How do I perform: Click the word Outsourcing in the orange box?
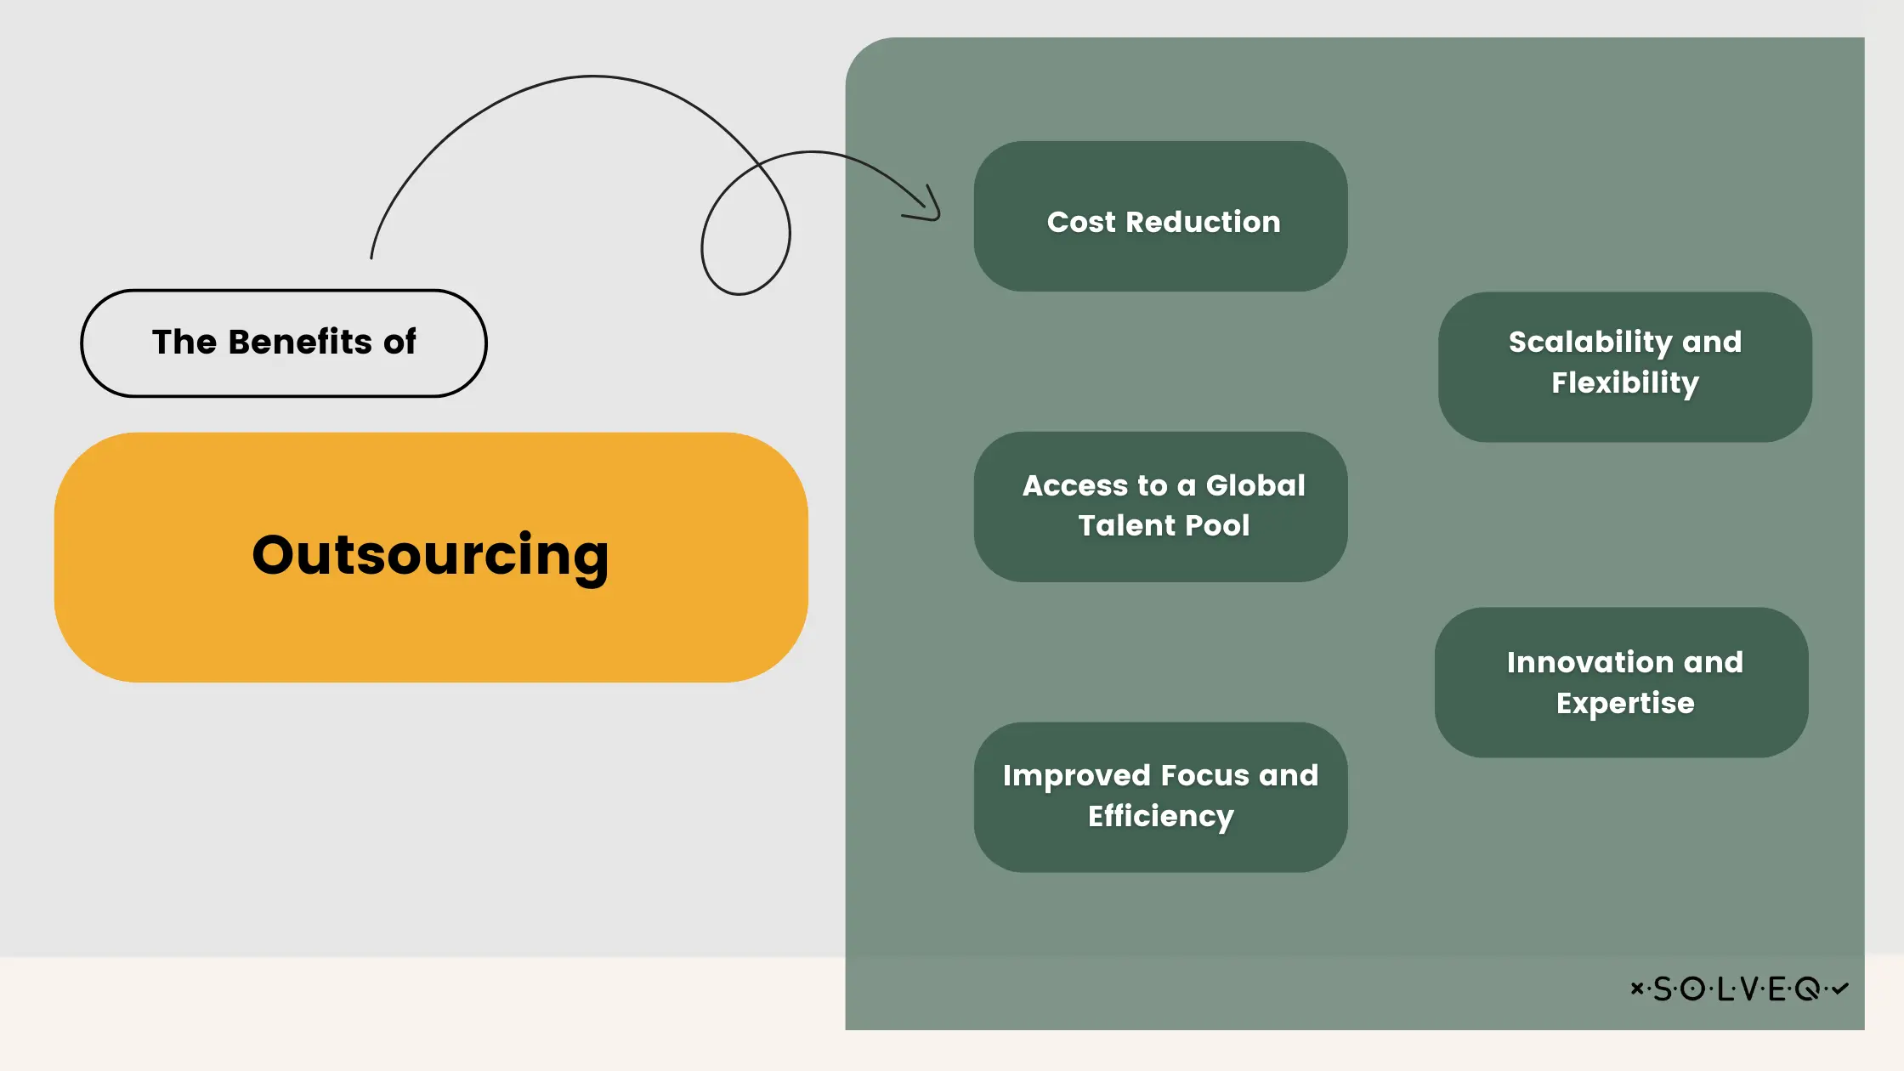[x=430, y=555]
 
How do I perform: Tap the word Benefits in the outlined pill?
[x=300, y=342]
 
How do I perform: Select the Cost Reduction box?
[x=1160, y=217]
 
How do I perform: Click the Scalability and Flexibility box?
[x=1624, y=366]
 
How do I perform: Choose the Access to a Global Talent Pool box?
[x=1160, y=507]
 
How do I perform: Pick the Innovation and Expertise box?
[x=1622, y=682]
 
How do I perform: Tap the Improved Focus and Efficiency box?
[x=1160, y=796]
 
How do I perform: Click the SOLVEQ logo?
[x=1739, y=989]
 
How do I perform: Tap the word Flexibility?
[x=1625, y=382]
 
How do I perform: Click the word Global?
[x=1255, y=485]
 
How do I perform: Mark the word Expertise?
[x=1625, y=703]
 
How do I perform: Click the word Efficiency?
[x=1160, y=816]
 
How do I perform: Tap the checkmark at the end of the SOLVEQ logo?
[x=1839, y=989]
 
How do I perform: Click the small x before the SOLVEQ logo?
[x=1636, y=988]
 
